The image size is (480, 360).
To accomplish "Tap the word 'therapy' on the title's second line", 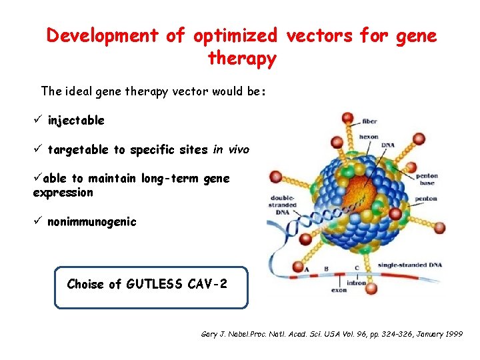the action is [242, 59].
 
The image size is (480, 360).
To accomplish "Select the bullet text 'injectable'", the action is [76, 121].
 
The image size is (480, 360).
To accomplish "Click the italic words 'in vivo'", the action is [231, 150].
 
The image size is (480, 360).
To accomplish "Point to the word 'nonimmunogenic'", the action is [91, 221].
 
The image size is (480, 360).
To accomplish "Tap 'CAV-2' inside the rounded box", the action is [207, 284].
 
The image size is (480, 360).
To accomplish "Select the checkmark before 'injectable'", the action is [38, 121].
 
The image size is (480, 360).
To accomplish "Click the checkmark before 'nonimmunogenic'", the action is [38, 221].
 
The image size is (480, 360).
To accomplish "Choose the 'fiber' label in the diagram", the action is [370, 121].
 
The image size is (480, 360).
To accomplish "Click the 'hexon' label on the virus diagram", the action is [368, 137].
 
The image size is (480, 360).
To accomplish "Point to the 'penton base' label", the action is [427, 179].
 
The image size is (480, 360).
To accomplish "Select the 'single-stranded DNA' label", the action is [411, 265].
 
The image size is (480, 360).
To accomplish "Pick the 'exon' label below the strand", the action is [339, 290].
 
